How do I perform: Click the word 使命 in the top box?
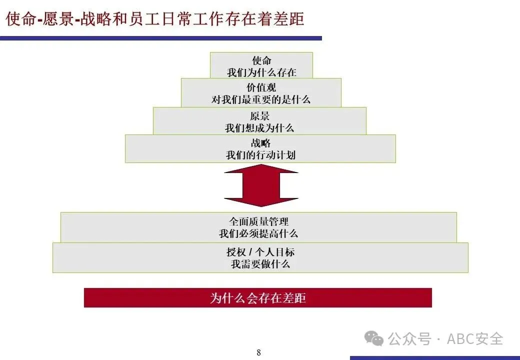point(261,61)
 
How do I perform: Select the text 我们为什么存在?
point(261,72)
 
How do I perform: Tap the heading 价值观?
point(261,87)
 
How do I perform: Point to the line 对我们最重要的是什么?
point(260,99)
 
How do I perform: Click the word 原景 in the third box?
point(260,116)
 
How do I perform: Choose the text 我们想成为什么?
point(259,128)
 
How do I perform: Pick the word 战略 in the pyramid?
point(260,143)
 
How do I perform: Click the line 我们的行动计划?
point(260,155)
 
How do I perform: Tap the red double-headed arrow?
point(260,185)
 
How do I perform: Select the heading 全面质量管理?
point(258,221)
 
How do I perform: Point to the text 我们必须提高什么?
point(258,233)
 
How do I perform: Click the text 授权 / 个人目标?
point(260,252)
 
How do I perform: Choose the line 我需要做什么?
point(260,264)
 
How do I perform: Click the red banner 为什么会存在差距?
point(257,298)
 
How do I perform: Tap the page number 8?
point(258,352)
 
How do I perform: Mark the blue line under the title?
point(160,38)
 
